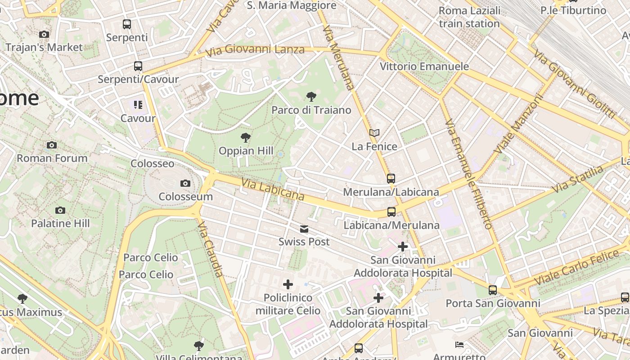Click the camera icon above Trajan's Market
44,34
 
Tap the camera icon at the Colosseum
185,183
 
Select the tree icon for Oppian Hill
246,138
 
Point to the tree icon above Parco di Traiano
311,96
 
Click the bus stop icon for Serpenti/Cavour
138,66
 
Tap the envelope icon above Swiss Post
304,229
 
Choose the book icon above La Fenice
374,133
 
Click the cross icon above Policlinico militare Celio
288,284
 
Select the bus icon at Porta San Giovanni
493,290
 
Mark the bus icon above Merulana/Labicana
391,179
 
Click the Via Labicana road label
273,189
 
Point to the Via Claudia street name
210,249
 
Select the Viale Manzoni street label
519,123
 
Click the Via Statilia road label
578,179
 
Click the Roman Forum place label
52,158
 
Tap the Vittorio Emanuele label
424,67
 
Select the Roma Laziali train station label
469,17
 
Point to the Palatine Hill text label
60,223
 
